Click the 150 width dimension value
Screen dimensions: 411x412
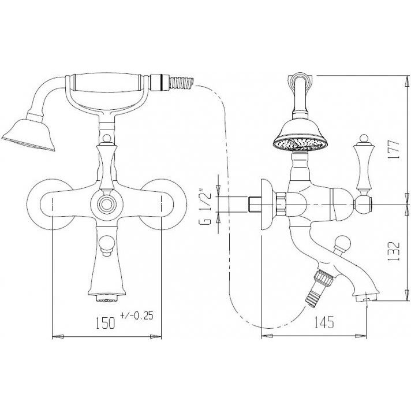coord(104,322)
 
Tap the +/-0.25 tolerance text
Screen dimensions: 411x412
coord(136,316)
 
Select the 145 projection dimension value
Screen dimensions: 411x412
coord(324,322)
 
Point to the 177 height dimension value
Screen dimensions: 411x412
coord(394,149)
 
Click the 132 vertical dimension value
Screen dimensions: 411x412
coord(394,251)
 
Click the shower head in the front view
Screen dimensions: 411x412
coord(28,134)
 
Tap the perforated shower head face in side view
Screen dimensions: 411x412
coord(300,144)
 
